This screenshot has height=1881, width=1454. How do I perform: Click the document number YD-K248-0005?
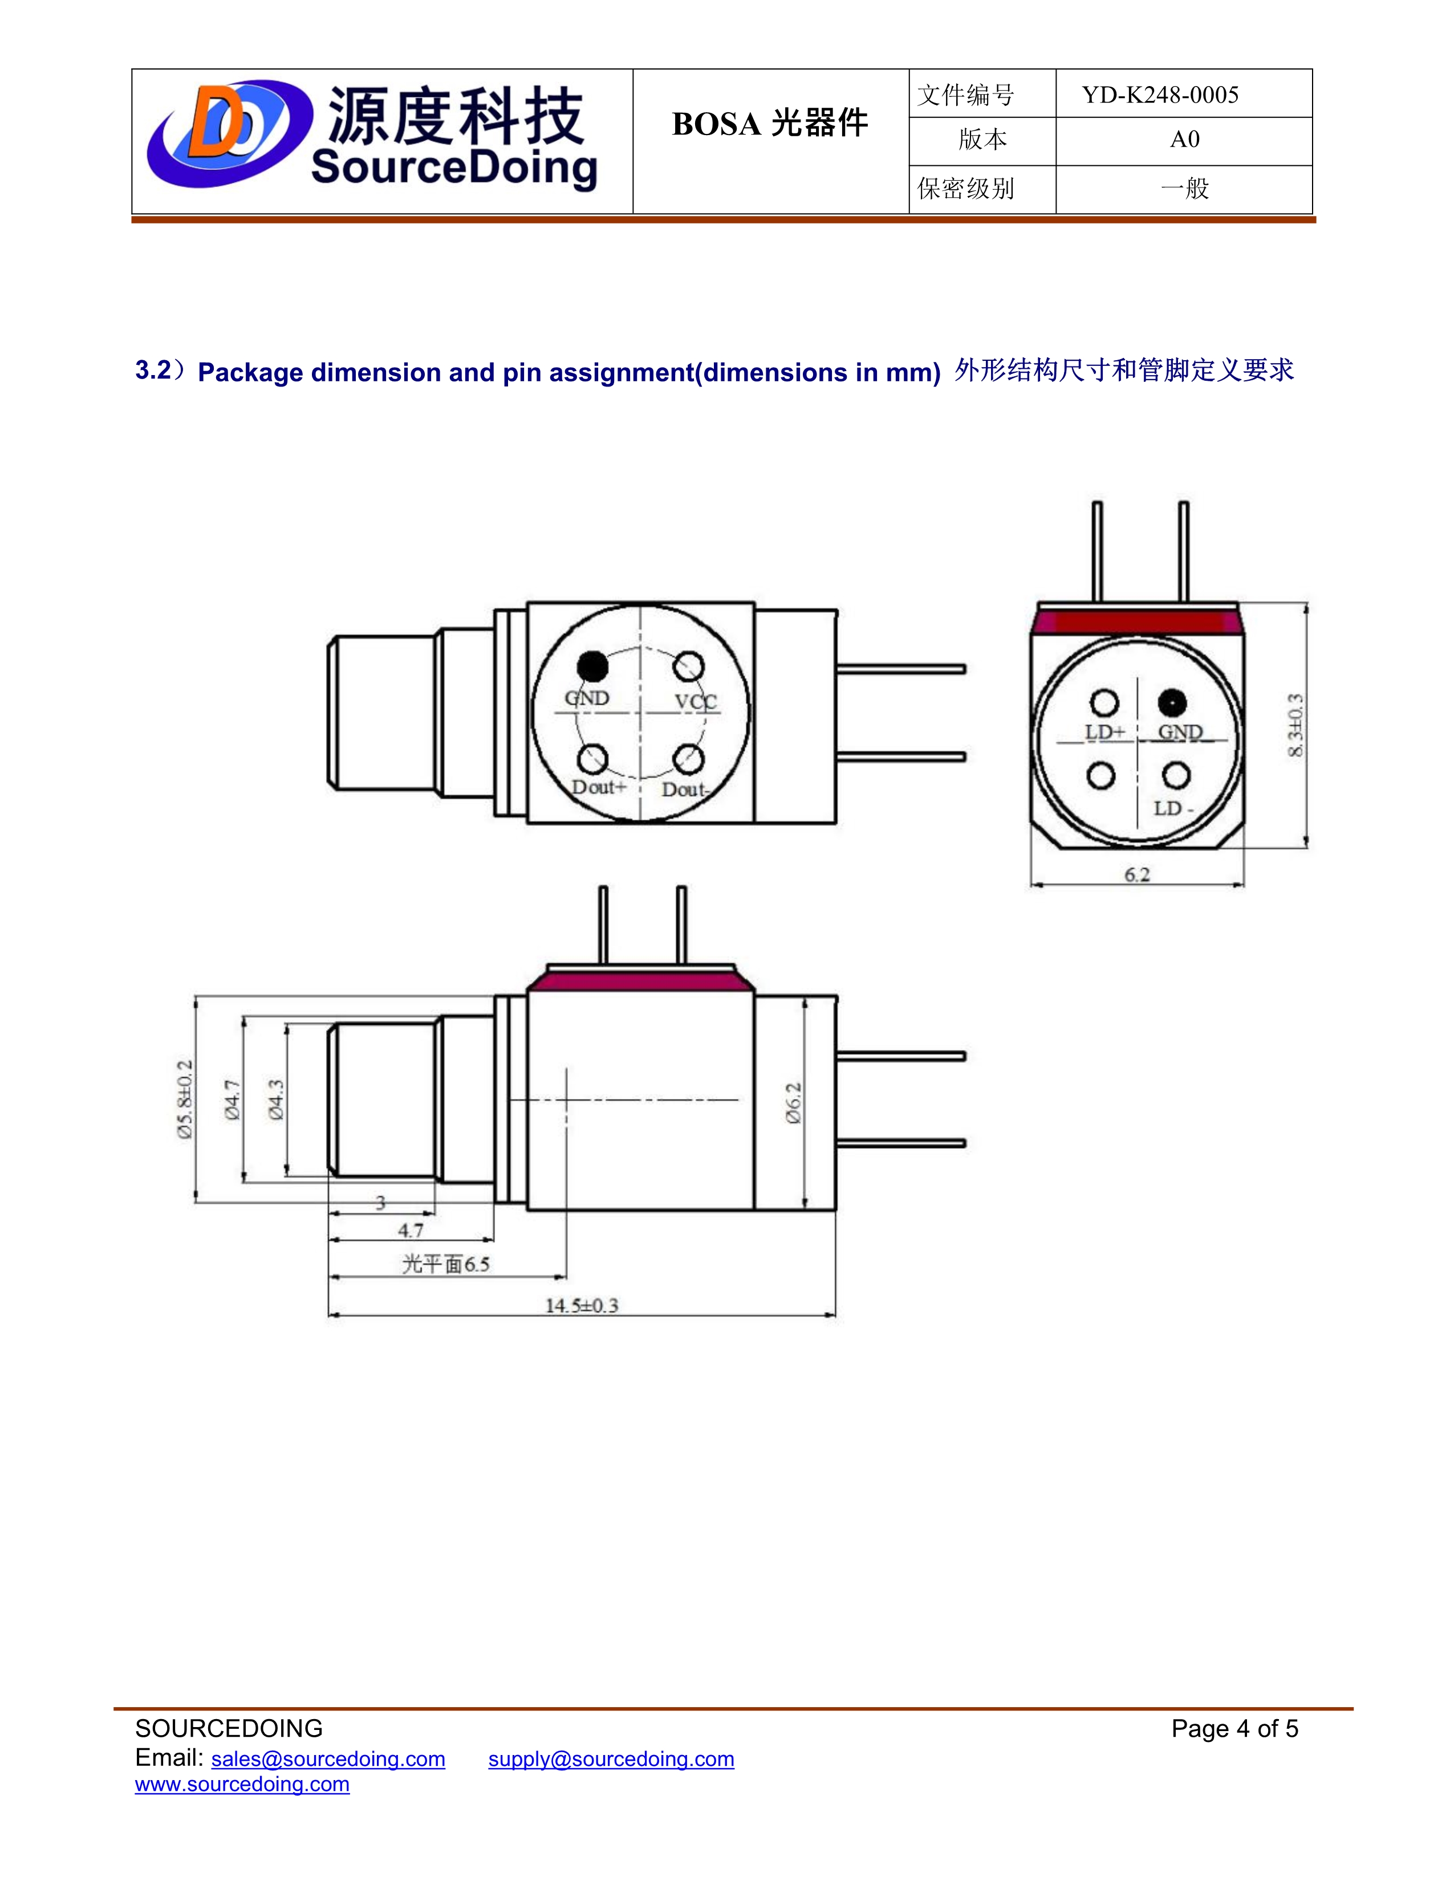1159,95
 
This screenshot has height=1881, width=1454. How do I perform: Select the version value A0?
1184,140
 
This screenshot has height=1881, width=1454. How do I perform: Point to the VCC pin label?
695,701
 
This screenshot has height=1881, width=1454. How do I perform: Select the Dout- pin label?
685,789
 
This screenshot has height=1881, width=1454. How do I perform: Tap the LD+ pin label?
1104,732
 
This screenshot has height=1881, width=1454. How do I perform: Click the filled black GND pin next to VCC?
592,666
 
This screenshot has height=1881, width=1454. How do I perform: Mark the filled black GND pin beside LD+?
1172,703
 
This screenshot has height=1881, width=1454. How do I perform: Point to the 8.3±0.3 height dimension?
1295,725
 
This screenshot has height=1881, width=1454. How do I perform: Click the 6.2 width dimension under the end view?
1137,874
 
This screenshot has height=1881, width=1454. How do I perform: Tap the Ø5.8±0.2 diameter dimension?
185,1100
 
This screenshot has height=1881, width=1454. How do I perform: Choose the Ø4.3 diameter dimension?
275,1100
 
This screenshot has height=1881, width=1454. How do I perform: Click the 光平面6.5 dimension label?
445,1264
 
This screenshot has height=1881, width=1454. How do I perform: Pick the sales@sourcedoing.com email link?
328,1758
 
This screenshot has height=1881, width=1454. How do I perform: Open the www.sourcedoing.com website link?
242,1784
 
